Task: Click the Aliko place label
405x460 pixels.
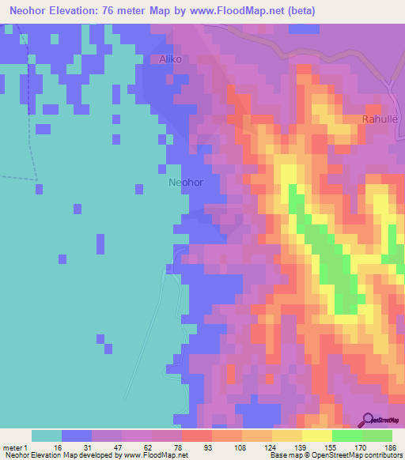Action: click(171, 59)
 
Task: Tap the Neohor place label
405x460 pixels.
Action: click(186, 182)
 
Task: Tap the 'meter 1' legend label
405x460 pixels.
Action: click(14, 446)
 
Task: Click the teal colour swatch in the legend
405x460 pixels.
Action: click(47, 435)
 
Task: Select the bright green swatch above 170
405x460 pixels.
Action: click(347, 435)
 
